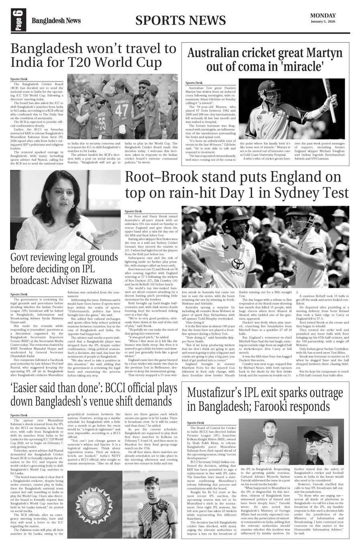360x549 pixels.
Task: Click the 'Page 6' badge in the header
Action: click(x=18, y=20)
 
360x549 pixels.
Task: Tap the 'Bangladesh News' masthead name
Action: click(x=56, y=21)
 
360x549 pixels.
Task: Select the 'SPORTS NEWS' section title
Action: click(x=180, y=20)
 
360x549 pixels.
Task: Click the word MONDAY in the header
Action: click(x=323, y=16)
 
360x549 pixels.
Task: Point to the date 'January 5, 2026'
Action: click(x=323, y=22)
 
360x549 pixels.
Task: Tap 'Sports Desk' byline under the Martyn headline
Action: click(x=194, y=83)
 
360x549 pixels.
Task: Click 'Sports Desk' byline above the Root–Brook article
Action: click(x=133, y=211)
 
